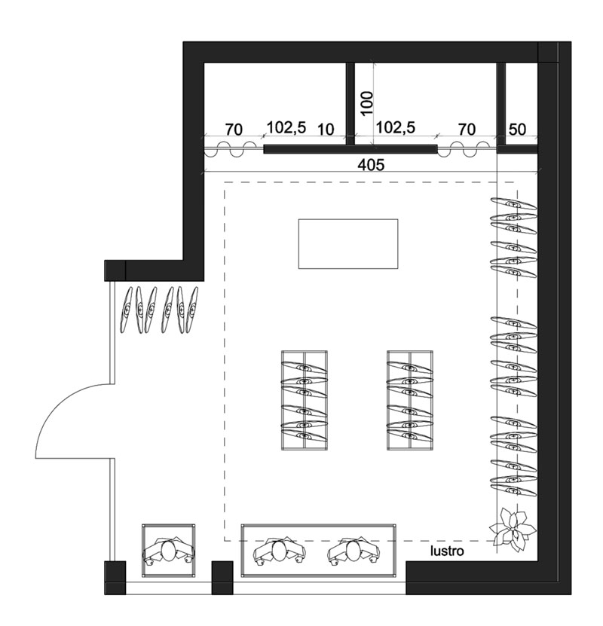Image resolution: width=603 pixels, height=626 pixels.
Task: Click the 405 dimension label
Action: (x=371, y=164)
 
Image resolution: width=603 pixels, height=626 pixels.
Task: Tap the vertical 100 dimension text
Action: (x=367, y=103)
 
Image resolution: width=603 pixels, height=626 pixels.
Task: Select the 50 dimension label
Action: (x=517, y=130)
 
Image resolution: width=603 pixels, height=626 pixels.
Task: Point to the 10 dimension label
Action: (x=326, y=130)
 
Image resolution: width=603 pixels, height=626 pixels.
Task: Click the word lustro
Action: (x=447, y=551)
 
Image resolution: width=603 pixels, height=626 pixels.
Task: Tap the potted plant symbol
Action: (x=513, y=530)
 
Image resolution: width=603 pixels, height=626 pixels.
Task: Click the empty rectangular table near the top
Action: (x=348, y=243)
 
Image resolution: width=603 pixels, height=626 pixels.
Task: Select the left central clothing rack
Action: (x=305, y=401)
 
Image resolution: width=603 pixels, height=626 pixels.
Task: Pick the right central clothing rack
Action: (x=410, y=401)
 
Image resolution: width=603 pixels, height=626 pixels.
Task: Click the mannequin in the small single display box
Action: (x=169, y=551)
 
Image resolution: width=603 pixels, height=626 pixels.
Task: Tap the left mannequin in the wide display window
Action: (x=280, y=551)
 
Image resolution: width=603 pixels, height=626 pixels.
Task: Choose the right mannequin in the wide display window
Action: (x=353, y=551)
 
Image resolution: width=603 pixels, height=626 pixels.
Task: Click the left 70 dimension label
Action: (x=234, y=130)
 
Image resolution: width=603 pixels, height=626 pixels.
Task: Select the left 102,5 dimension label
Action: (x=286, y=128)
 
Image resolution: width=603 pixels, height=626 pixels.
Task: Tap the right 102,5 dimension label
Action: (x=396, y=128)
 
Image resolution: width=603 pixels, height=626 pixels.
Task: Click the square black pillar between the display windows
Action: (x=222, y=578)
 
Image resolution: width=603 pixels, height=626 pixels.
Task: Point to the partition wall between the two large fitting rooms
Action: (x=350, y=104)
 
